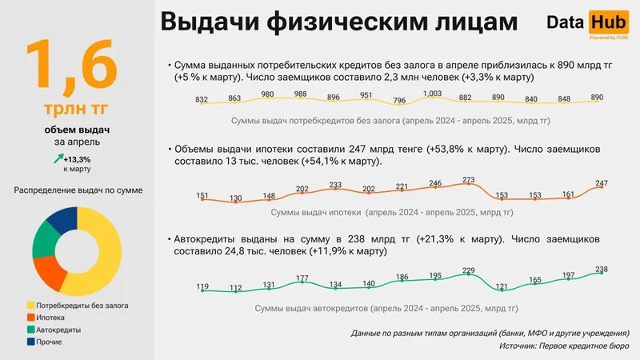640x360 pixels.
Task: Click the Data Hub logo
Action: pyautogui.click(x=587, y=23)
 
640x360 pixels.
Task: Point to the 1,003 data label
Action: pyautogui.click(x=432, y=94)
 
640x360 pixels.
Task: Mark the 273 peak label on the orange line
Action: pyautogui.click(x=469, y=179)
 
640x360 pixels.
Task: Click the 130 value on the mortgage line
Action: pyautogui.click(x=235, y=198)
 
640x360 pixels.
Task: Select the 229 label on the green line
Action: pyautogui.click(x=469, y=270)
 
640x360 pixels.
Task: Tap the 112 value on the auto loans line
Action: pyautogui.click(x=235, y=288)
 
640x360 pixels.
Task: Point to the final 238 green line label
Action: pyautogui.click(x=602, y=269)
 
